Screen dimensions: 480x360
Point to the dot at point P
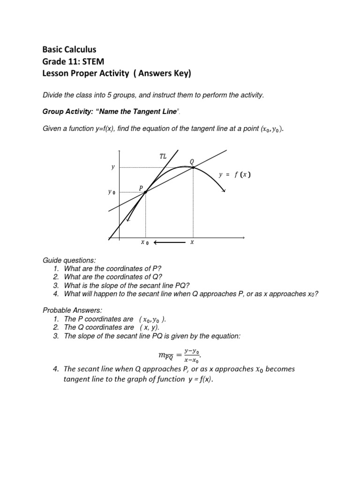pyautogui.click(x=146, y=192)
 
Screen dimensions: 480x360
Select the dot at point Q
pyautogui.click(x=193, y=167)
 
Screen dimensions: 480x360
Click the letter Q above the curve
pyautogui.click(x=191, y=161)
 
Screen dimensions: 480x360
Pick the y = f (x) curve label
pyautogui.click(x=234, y=175)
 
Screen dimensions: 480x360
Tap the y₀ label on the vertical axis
pyautogui.click(x=111, y=192)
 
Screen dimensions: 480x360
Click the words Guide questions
pyautogui.click(x=63, y=260)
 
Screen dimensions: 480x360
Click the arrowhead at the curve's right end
pyautogui.click(x=224, y=190)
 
